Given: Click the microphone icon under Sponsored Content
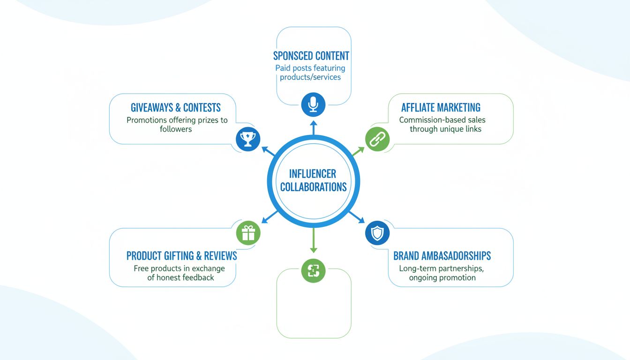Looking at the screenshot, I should pos(313,105).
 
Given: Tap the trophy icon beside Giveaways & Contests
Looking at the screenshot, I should pos(247,139).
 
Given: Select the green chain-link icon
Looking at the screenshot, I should pos(377,139).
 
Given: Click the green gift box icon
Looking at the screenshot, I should pos(248,232).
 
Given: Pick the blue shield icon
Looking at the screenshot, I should pos(377,232).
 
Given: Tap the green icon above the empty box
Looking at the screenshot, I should pos(313,270).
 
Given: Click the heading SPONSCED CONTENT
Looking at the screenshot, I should pos(311,56).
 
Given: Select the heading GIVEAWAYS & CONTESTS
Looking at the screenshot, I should pos(176,107).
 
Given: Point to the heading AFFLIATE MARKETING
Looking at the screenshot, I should pos(441,107).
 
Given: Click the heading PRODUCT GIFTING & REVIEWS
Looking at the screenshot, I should pos(181,256).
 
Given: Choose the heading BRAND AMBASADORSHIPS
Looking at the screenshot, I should pos(442,256).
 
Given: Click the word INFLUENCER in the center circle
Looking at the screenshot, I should pos(313,174).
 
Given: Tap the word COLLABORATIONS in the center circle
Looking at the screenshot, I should pos(313,187).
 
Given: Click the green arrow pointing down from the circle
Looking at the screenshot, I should pos(314,244).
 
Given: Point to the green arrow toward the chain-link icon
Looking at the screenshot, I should pos(358,151).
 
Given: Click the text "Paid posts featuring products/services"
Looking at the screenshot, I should pos(310,73).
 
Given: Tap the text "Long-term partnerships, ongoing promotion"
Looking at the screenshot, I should pos(442,273).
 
